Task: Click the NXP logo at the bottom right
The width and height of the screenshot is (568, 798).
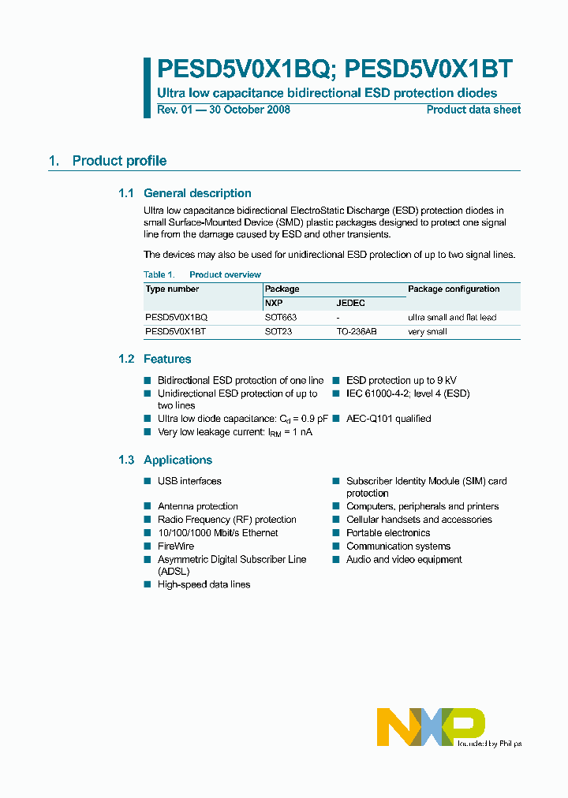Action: tap(431, 726)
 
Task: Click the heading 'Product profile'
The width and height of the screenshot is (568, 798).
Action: tap(119, 161)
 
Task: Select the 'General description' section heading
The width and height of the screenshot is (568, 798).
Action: tap(197, 193)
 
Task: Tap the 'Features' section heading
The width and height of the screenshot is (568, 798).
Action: tap(167, 359)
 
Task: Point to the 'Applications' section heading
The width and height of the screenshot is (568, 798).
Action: tap(177, 461)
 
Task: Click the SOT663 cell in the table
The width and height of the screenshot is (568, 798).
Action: tap(281, 317)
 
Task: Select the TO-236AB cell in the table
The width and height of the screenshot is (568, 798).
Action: tap(357, 332)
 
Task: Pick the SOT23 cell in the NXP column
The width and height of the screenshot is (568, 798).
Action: tap(278, 332)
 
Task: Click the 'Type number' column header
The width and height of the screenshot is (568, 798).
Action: tap(172, 289)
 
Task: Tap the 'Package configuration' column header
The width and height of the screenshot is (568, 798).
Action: tap(454, 289)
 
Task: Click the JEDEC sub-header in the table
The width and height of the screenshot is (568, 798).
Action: tap(350, 303)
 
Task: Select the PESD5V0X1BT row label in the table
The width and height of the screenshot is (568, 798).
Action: tap(175, 332)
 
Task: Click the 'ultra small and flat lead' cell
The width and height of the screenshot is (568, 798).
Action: tap(452, 317)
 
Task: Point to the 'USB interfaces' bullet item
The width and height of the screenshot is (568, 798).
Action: tap(189, 481)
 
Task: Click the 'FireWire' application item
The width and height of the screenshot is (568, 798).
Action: tap(176, 546)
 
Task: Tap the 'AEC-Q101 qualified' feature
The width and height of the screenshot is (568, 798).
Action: tap(388, 419)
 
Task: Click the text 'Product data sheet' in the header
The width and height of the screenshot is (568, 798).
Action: tap(473, 110)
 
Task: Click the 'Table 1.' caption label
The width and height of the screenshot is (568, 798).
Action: tap(159, 274)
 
